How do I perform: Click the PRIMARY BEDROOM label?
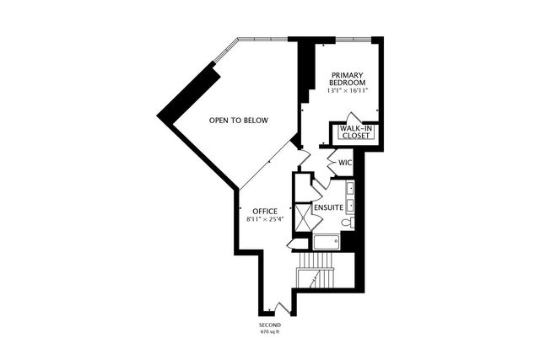[x=347, y=78]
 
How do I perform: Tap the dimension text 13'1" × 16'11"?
[x=347, y=91]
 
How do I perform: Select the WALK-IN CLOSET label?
[x=357, y=132]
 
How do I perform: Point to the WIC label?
[x=344, y=162]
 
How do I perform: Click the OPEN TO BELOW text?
[x=239, y=121]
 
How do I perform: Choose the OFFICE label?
[x=264, y=211]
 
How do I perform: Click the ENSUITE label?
[x=327, y=207]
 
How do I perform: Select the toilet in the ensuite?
[x=347, y=223]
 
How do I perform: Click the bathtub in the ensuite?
[x=326, y=242]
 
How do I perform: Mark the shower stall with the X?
[x=302, y=218]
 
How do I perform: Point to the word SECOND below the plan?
[x=269, y=325]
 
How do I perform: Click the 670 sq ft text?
[x=269, y=333]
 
